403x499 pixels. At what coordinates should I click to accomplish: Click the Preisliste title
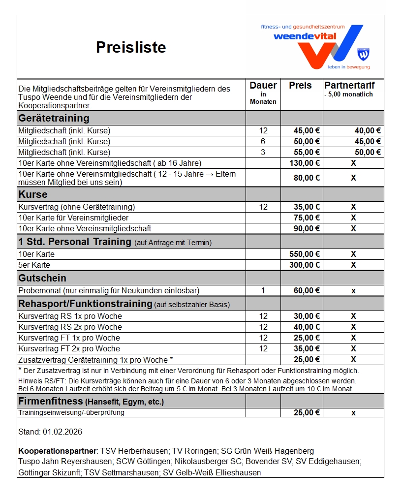point(131,47)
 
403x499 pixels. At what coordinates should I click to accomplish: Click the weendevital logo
point(315,47)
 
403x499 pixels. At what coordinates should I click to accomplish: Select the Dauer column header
point(263,86)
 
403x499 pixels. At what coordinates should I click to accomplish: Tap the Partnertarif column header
point(350,86)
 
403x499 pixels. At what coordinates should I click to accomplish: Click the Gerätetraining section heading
point(54,118)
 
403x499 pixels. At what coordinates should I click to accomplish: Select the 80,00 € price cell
point(307,178)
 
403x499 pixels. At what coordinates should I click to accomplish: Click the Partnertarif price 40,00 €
point(368,131)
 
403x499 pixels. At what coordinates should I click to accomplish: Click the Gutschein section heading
point(42,278)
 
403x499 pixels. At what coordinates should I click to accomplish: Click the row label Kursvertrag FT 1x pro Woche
point(69,338)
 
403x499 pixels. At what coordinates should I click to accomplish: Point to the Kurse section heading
point(33,194)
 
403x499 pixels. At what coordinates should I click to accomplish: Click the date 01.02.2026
point(63,432)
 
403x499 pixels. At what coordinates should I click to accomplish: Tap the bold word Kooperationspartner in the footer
point(57,451)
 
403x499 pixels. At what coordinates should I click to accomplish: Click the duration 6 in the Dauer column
point(263,142)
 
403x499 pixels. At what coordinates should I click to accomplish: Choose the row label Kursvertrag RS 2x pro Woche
point(70,327)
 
